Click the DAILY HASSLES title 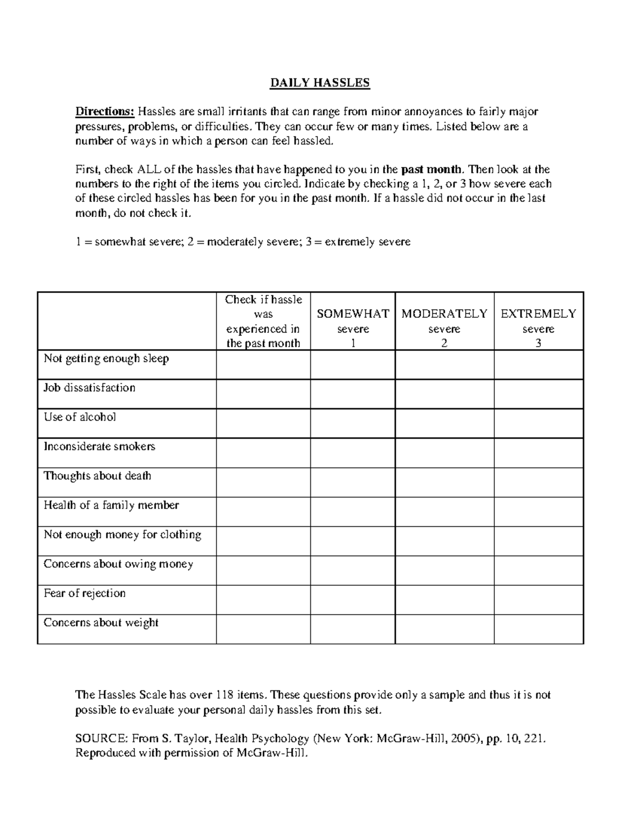click(x=319, y=83)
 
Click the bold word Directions click(x=105, y=111)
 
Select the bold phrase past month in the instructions click(x=431, y=170)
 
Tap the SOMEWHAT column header click(x=353, y=314)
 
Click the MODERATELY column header click(x=444, y=314)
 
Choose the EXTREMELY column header click(x=538, y=314)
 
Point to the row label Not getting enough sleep click(x=106, y=359)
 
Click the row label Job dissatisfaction click(x=90, y=388)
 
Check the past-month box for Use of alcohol click(x=263, y=423)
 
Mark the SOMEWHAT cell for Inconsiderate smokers click(x=353, y=453)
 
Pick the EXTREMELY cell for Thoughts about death click(x=539, y=482)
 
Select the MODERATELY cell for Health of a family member click(x=444, y=511)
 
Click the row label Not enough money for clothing click(x=122, y=535)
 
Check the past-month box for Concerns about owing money click(x=263, y=570)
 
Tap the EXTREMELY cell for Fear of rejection click(x=539, y=599)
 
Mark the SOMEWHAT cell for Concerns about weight click(x=353, y=629)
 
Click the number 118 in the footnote click(x=225, y=695)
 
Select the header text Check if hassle click(x=263, y=300)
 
